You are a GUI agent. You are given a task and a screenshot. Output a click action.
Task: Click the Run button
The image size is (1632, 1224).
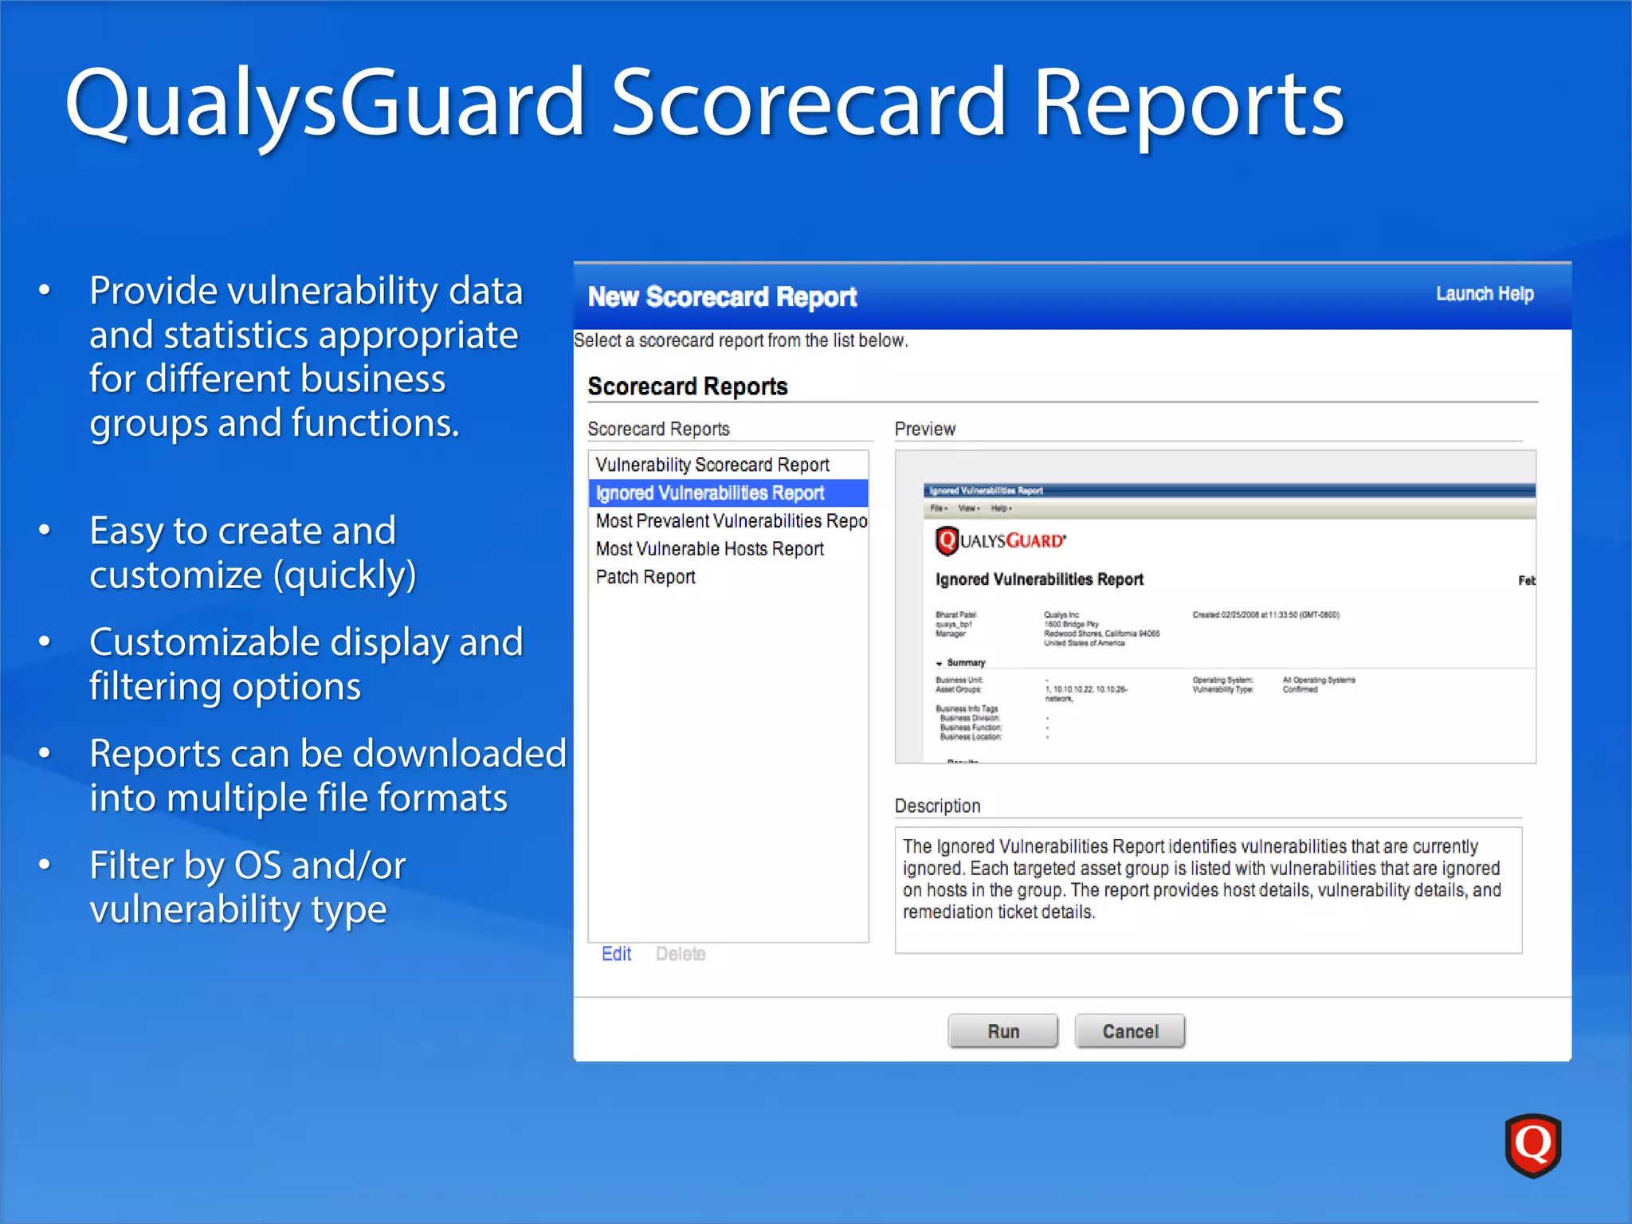pyautogui.click(x=1002, y=1031)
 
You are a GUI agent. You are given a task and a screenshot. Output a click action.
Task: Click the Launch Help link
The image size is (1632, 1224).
pyautogui.click(x=1484, y=294)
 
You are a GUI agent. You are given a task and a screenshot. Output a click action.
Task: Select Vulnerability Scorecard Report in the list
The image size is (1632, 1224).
pyautogui.click(x=712, y=465)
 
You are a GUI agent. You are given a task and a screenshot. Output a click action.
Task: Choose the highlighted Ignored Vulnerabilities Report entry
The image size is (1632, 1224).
pyautogui.click(x=710, y=493)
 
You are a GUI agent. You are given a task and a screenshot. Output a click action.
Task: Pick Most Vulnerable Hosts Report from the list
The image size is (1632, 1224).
pyautogui.click(x=709, y=549)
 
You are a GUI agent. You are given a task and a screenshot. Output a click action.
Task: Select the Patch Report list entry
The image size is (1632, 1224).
pyautogui.click(x=645, y=577)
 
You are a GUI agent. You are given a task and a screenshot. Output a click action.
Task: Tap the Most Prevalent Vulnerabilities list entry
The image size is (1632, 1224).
pyautogui.click(x=731, y=521)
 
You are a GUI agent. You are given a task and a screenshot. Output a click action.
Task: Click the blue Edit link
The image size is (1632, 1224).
pyautogui.click(x=616, y=954)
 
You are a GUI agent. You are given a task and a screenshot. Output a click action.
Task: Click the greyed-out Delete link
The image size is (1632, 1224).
pyautogui.click(x=681, y=954)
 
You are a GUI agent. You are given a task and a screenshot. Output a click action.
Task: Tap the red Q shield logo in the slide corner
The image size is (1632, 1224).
pyautogui.click(x=1532, y=1145)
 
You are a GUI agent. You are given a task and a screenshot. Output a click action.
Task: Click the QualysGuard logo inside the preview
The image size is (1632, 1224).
pyautogui.click(x=1000, y=541)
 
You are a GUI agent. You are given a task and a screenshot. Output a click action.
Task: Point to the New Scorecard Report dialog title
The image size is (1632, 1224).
pyautogui.click(x=722, y=297)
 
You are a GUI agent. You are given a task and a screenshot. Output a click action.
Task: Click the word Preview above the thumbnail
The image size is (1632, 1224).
pyautogui.click(x=924, y=430)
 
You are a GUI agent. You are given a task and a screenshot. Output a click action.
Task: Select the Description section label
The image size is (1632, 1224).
pyautogui.click(x=937, y=806)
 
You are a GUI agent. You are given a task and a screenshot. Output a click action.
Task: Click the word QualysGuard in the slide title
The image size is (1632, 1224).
pyautogui.click(x=325, y=104)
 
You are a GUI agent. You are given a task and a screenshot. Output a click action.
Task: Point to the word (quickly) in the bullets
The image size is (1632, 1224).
pyautogui.click(x=344, y=575)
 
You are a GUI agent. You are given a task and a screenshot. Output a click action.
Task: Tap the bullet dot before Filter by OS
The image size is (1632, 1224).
pyautogui.click(x=45, y=865)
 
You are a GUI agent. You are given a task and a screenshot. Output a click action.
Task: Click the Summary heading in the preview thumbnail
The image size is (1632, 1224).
pyautogui.click(x=965, y=663)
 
